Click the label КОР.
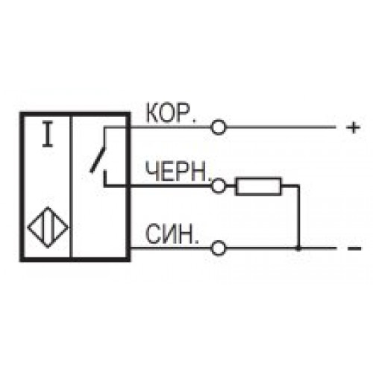pyautogui.click(x=171, y=113)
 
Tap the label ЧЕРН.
pyautogui.click(x=178, y=171)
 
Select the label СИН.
pyautogui.click(x=172, y=234)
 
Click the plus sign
pyautogui.click(x=354, y=128)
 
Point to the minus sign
pyautogui.click(x=354, y=248)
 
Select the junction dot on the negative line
pyautogui.click(x=298, y=248)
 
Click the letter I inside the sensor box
pyautogui.click(x=48, y=137)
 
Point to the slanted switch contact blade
pyautogui.click(x=98, y=160)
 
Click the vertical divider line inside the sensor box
pyautogui.click(x=72, y=186)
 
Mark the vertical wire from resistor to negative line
pyautogui.click(x=298, y=217)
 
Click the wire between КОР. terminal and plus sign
pyautogui.click(x=280, y=128)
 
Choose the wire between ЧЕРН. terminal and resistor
pyautogui.click(x=231, y=186)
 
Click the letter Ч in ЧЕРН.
pyautogui.click(x=152, y=172)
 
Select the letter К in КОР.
pyautogui.click(x=152, y=113)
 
